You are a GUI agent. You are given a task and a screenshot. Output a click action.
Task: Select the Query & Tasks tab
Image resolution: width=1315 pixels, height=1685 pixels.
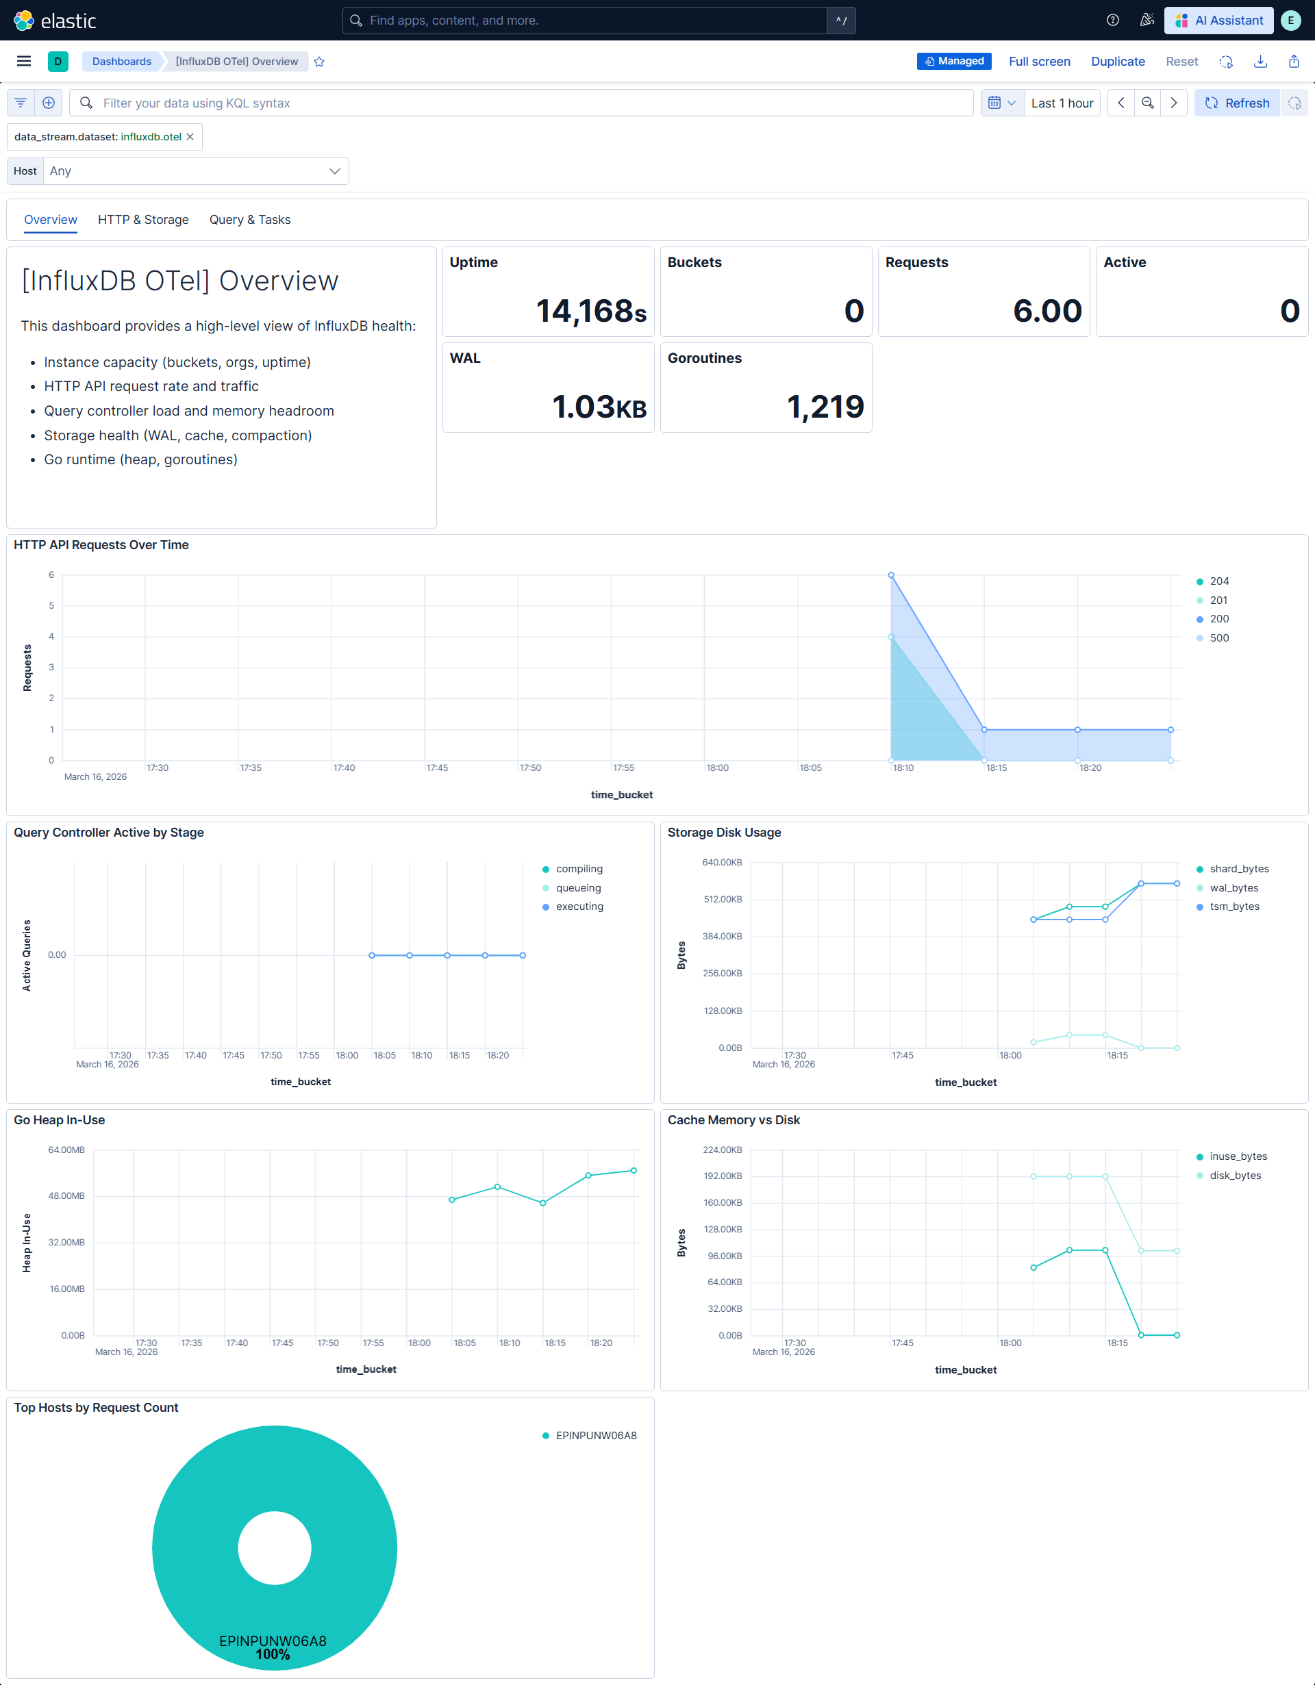[249, 220]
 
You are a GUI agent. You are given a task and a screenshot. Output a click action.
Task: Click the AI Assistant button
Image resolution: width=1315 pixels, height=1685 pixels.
[1218, 20]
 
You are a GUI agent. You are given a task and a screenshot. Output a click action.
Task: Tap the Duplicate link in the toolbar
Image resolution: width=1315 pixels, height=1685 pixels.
[1118, 62]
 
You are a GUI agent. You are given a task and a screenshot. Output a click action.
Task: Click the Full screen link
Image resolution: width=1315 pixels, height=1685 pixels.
[1039, 62]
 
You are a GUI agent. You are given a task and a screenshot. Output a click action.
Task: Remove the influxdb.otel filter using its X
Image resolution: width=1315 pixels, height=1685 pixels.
[190, 136]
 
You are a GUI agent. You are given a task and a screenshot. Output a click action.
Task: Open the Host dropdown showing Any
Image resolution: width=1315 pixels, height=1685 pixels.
[195, 171]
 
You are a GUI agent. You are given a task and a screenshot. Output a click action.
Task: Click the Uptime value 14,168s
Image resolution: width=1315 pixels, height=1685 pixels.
[590, 311]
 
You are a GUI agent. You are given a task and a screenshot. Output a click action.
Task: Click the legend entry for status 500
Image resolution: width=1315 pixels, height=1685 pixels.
[1218, 638]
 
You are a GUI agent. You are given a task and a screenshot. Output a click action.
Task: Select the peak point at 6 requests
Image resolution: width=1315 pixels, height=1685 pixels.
[890, 574]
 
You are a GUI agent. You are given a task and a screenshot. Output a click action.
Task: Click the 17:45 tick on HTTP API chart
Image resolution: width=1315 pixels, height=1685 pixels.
[437, 768]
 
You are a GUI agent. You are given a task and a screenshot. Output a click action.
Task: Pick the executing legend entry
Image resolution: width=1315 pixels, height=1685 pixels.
[579, 907]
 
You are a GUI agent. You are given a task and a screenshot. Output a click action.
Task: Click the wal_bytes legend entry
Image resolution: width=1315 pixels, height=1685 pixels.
[1233, 888]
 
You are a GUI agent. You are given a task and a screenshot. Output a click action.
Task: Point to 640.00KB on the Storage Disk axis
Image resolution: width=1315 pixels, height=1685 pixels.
[722, 862]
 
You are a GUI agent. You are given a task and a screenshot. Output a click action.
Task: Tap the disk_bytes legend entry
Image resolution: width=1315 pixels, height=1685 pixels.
[1235, 1175]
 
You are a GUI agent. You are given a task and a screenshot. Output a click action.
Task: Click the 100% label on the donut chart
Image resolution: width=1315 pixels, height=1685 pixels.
[273, 1654]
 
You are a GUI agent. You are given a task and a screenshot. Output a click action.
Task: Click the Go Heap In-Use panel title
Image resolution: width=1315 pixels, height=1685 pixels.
[60, 1119]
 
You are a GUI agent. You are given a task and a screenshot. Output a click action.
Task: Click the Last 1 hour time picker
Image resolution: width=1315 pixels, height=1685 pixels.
[1061, 103]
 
